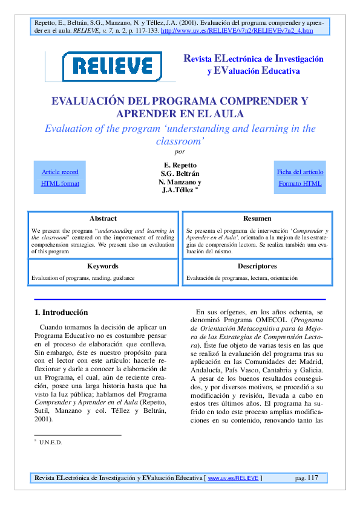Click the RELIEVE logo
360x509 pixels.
pos(113,66)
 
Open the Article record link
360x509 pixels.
pos(60,172)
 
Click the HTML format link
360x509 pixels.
pos(60,183)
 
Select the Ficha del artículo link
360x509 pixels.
pos(300,172)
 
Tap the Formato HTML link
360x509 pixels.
pos(300,183)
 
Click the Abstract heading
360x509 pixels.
pos(103,218)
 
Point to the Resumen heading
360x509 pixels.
pos(257,218)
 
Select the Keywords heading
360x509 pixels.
pos(103,266)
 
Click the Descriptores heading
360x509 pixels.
pos(257,266)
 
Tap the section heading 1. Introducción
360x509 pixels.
pos(61,313)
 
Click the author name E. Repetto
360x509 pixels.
pos(180,165)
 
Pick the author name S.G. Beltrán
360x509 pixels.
pos(180,173)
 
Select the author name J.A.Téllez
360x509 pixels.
pos(178,190)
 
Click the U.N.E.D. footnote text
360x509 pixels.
pos(51,443)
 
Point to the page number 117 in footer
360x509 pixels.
pos(312,478)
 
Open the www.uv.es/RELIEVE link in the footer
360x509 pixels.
pos(234,479)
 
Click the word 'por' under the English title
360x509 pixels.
pos(180,152)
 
